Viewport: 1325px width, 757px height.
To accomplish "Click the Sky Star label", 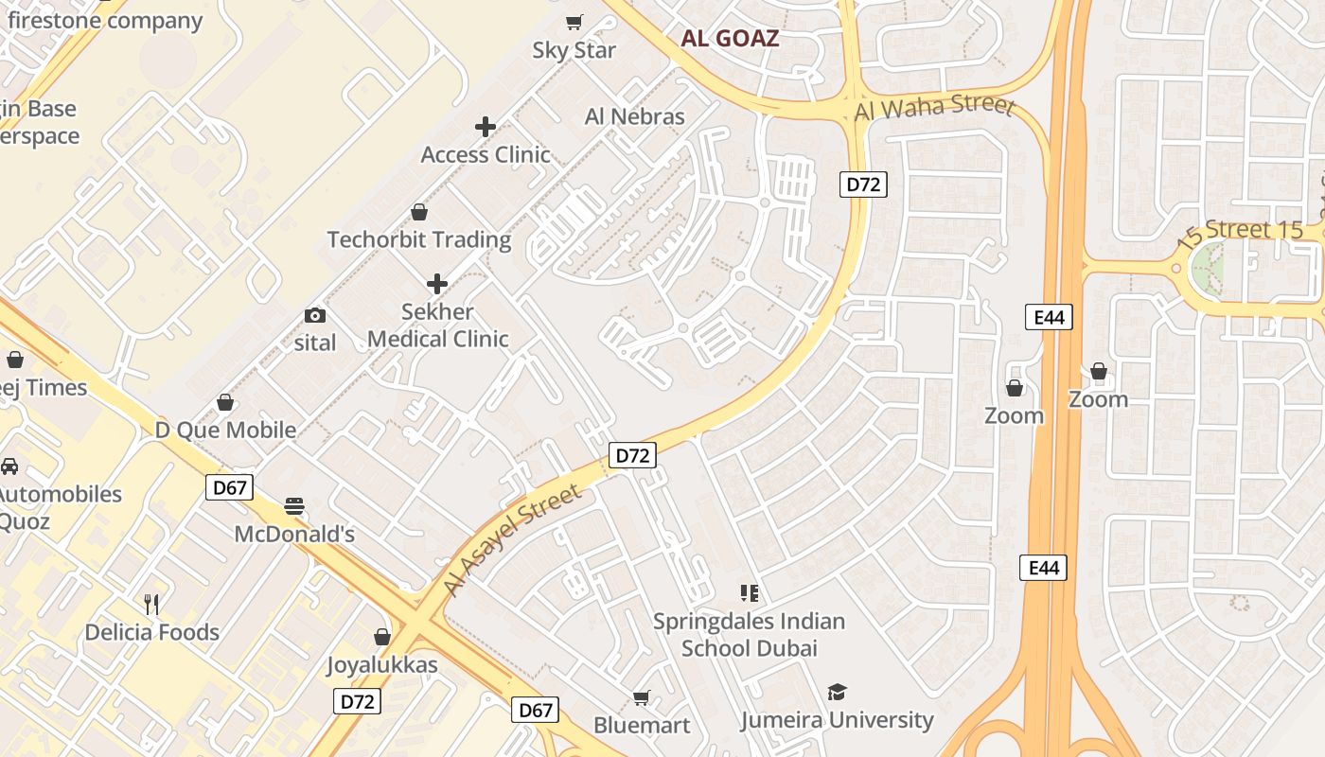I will [x=574, y=50].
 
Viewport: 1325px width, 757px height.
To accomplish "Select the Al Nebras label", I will [x=634, y=116].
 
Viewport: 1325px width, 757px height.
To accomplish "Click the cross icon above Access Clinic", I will [x=486, y=126].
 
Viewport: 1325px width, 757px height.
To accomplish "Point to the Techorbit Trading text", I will [x=419, y=239].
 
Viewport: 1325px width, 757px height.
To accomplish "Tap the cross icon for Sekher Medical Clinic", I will [x=437, y=283].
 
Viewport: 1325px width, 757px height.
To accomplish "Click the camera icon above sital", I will [x=315, y=315].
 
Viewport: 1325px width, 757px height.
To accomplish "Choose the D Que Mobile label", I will [x=225, y=430].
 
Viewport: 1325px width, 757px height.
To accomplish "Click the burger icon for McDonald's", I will [x=294, y=506].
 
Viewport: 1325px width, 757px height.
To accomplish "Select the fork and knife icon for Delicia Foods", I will [x=151, y=604].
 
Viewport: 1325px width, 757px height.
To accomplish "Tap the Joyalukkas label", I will [x=382, y=664].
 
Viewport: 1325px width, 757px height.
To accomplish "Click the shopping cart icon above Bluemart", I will [x=642, y=698].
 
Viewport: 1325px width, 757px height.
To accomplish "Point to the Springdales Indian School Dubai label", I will [x=749, y=635].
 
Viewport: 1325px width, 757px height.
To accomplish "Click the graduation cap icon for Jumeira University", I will [x=837, y=692].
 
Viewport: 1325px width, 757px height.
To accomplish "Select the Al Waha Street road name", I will [x=934, y=107].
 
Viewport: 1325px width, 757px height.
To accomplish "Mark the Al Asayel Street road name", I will [x=512, y=541].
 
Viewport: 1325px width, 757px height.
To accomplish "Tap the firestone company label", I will [x=105, y=21].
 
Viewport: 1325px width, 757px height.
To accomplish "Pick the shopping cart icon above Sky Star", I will [x=574, y=22].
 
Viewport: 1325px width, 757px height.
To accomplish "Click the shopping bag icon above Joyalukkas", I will [x=382, y=637].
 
